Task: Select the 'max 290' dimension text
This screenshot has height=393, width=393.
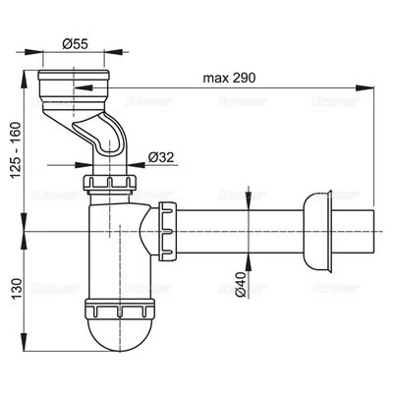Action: coord(231,78)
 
